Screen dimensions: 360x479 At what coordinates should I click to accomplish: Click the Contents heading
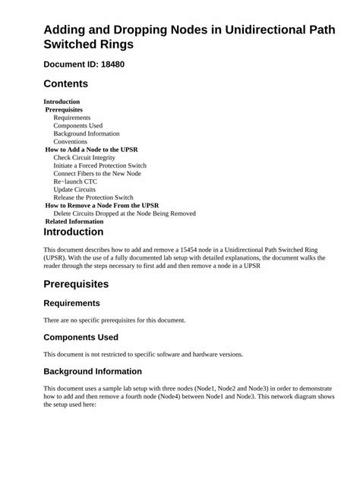coord(66,84)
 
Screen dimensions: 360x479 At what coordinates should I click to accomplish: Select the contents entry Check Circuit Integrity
coord(84,157)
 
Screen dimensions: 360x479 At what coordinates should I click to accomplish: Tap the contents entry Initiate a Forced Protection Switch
coord(99,165)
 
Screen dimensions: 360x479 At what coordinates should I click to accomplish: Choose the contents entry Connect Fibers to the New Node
coord(97,173)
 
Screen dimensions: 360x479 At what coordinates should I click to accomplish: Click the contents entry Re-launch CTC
coord(75,181)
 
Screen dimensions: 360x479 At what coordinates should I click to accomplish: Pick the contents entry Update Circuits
coord(74,189)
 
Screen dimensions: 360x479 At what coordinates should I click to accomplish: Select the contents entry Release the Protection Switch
coord(93,197)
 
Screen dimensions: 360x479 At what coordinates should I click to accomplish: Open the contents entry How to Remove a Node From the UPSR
coord(102,205)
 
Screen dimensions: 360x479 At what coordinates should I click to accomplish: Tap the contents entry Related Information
coord(74,221)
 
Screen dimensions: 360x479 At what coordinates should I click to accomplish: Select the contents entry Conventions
coord(70,141)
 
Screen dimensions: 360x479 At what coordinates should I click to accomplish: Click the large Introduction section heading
coord(74,232)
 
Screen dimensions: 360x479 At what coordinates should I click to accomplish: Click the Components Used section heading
coord(81,337)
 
